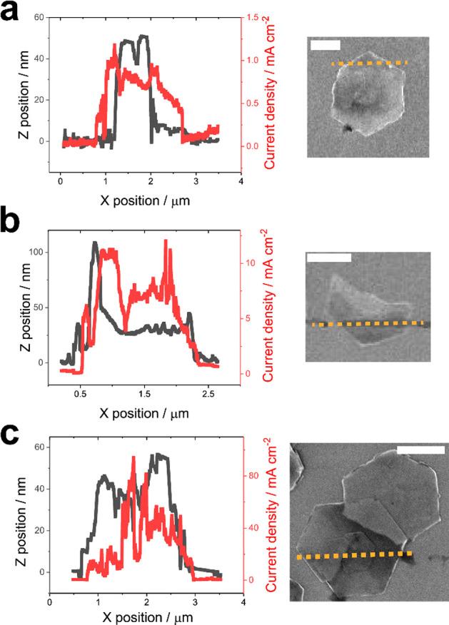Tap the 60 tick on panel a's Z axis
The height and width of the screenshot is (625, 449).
(x=35, y=17)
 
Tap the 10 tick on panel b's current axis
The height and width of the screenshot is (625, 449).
(x=251, y=263)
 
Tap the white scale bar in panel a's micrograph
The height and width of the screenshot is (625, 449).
(x=325, y=46)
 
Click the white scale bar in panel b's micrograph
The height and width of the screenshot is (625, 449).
(x=328, y=256)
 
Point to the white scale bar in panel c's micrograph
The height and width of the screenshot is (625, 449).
(x=420, y=450)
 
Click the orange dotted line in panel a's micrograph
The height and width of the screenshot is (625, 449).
(x=369, y=63)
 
